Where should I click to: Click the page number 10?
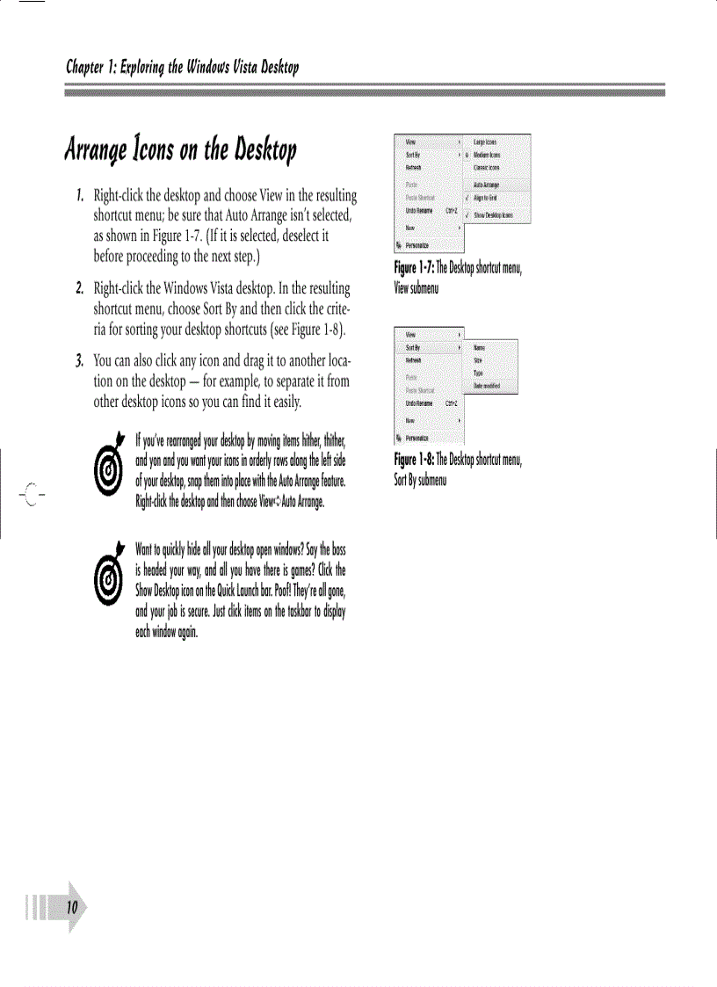(71, 906)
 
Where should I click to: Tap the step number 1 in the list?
(79, 193)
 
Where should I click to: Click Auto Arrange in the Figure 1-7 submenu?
(486, 185)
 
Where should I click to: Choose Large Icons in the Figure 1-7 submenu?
(485, 141)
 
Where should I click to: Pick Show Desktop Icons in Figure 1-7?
(493, 214)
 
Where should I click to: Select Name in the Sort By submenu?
(480, 348)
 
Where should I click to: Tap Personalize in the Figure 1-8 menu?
(416, 437)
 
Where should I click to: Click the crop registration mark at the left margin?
(31, 494)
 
